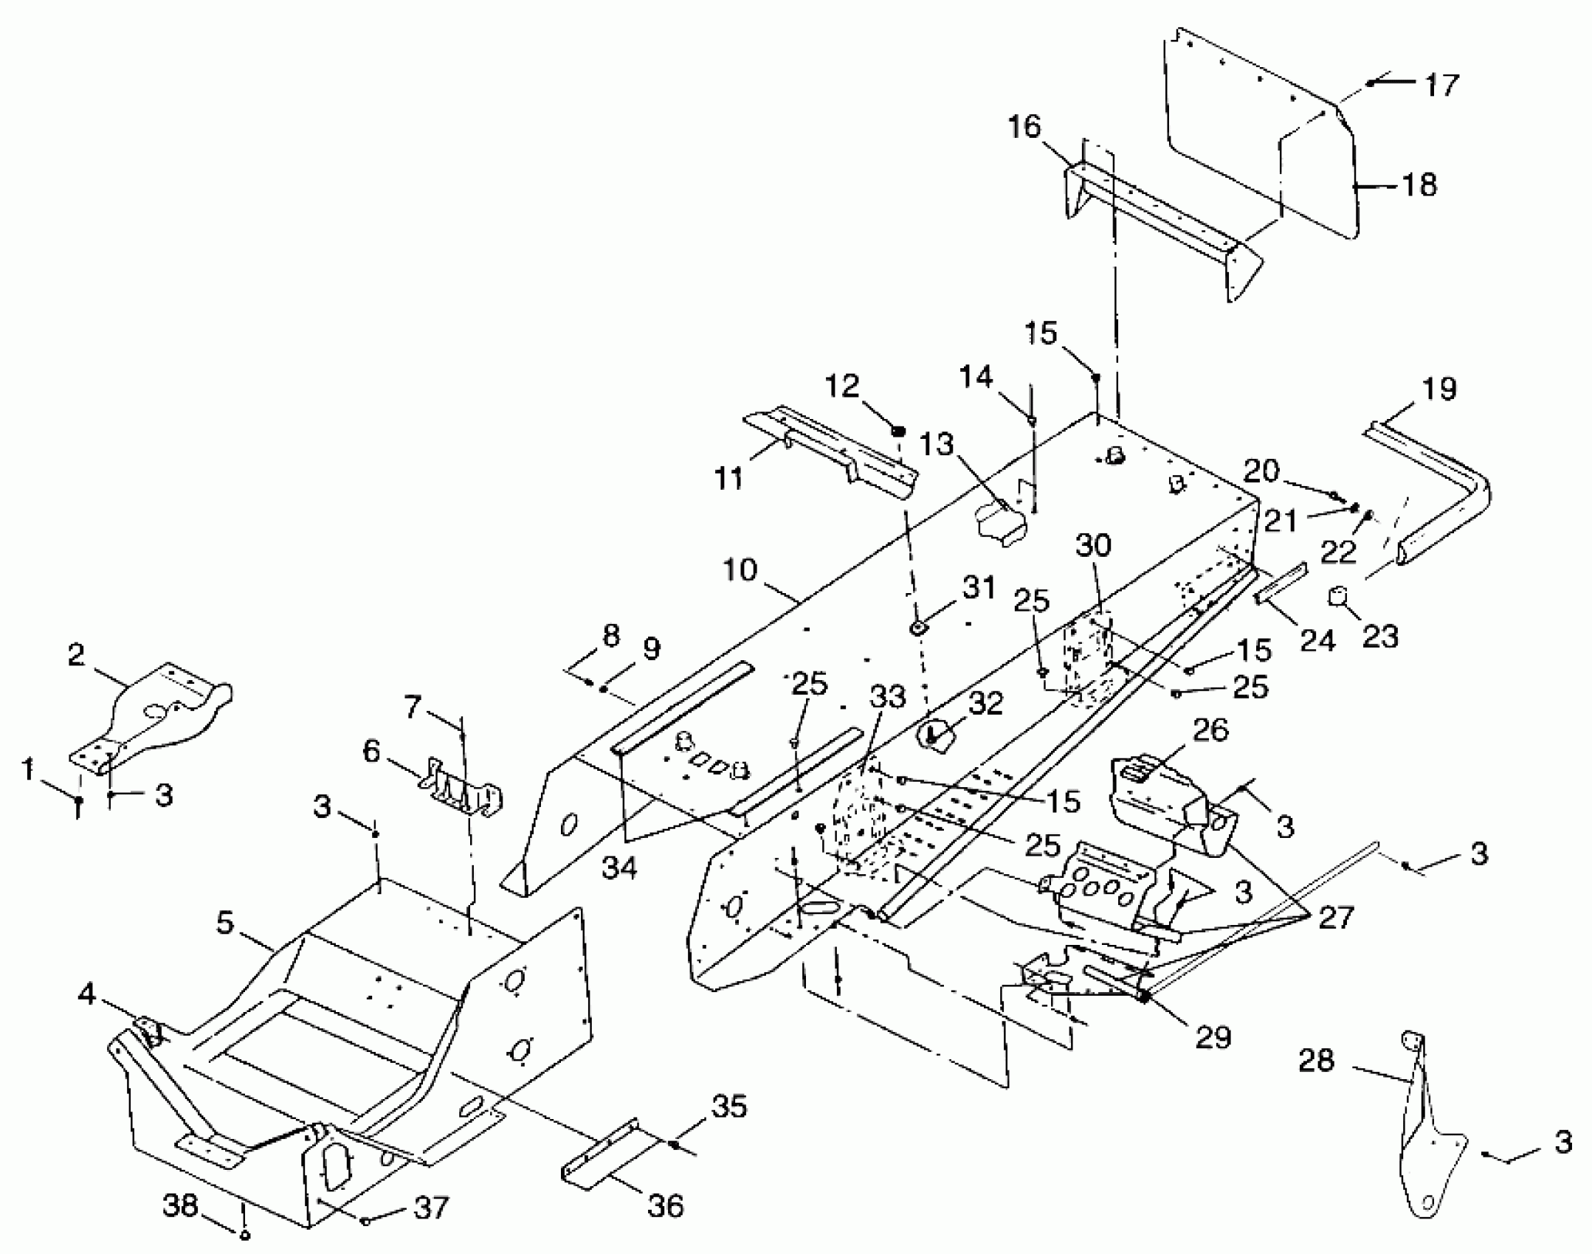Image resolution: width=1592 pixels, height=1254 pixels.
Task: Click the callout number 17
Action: coord(1441,85)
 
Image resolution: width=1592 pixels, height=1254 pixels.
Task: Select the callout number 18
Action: coord(1419,184)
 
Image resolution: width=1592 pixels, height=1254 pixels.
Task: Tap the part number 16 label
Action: coord(1024,128)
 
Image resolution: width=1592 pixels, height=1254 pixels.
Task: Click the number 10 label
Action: coord(740,570)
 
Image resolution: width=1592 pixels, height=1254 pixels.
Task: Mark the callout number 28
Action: coord(1316,1061)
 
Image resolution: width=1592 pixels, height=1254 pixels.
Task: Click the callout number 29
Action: coord(1214,1037)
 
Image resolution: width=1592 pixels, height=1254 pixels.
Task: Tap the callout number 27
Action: coord(1336,918)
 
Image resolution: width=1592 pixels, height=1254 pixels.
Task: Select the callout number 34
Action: coord(618,868)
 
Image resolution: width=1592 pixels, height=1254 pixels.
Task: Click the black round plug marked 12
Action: coord(898,432)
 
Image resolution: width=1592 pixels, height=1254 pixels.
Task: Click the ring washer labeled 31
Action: coord(917,628)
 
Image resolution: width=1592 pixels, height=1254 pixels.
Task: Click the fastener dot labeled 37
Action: coord(366,1221)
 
